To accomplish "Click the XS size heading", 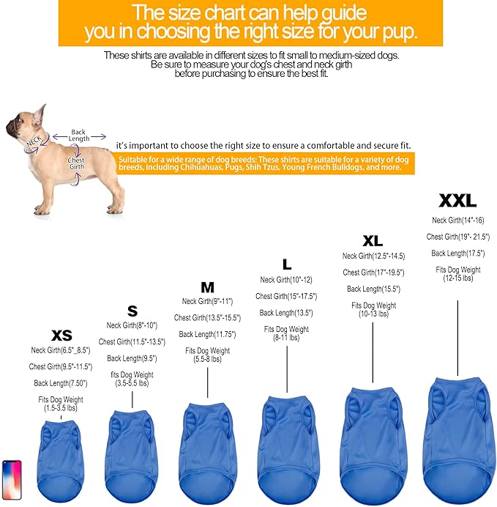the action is pos(61,336).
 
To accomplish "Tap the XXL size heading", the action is pos(457,201).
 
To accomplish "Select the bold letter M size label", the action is pos(207,287).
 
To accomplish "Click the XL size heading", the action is pos(373,241).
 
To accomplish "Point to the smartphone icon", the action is pos(12,479).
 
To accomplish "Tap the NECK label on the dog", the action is pos(34,141).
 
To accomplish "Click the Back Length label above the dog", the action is pos(78,136).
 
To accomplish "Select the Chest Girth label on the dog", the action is pos(76,163).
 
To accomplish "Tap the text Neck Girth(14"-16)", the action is pos(458,221).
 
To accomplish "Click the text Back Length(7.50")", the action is pos(61,383).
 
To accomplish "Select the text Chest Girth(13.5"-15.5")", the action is pos(207,318).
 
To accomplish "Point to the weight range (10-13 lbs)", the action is pos(373,314).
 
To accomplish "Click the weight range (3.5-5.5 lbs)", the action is pos(132,383).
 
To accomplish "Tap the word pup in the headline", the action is pos(400,32).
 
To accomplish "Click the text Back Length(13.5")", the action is pos(286,313).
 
